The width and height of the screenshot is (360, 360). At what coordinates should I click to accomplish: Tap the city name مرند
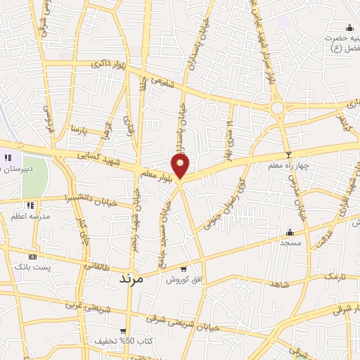coord(131,277)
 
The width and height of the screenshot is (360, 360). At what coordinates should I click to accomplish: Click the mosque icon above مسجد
coord(290,233)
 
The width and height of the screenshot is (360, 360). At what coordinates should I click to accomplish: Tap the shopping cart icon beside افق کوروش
coord(184,268)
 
